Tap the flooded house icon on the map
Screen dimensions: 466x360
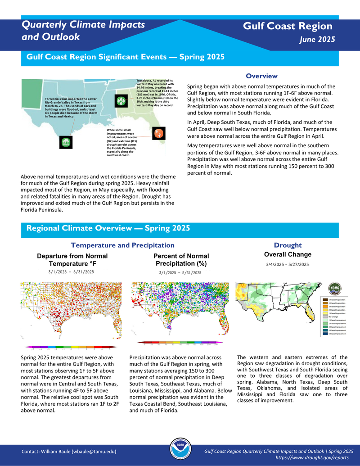(66, 142)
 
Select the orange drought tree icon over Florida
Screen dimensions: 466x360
(158, 134)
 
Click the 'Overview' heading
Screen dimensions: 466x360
(261, 76)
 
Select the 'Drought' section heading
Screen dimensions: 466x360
(288, 245)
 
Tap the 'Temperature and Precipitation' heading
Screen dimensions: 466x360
(122, 245)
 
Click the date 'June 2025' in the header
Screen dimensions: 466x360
(317, 40)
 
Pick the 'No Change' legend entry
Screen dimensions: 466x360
(333, 317)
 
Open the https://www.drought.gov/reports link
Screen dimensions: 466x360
(314, 457)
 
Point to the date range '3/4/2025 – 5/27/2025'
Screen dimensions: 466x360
(288, 264)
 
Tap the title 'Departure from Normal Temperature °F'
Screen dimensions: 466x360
(72, 260)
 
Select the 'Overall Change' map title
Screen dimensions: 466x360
(288, 254)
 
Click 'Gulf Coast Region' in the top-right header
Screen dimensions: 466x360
(288, 26)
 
